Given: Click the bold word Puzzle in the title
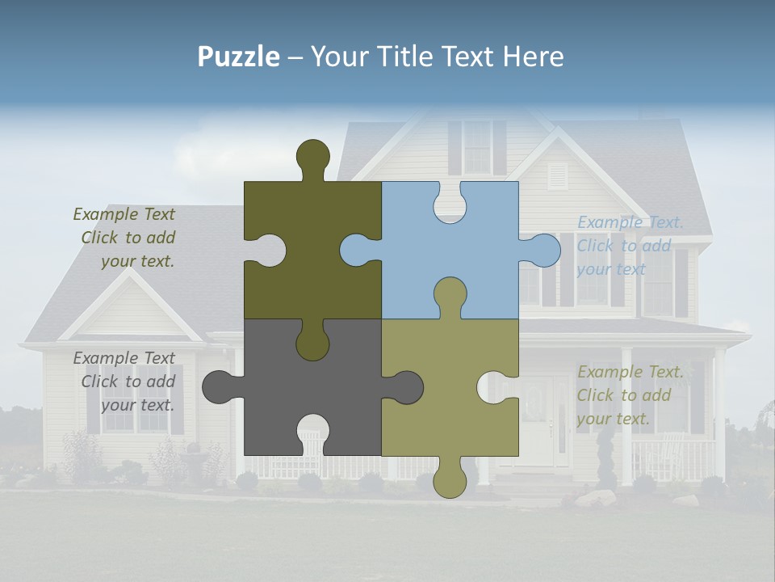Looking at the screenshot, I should click(238, 57).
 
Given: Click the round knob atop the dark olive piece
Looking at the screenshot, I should click(313, 158).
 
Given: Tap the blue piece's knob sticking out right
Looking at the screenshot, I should click(542, 250).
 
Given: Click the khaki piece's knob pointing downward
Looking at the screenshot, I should click(450, 479).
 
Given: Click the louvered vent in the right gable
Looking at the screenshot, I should click(558, 175).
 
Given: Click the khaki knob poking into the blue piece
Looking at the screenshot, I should click(450, 295).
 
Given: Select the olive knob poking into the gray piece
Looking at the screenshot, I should click(312, 339).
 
